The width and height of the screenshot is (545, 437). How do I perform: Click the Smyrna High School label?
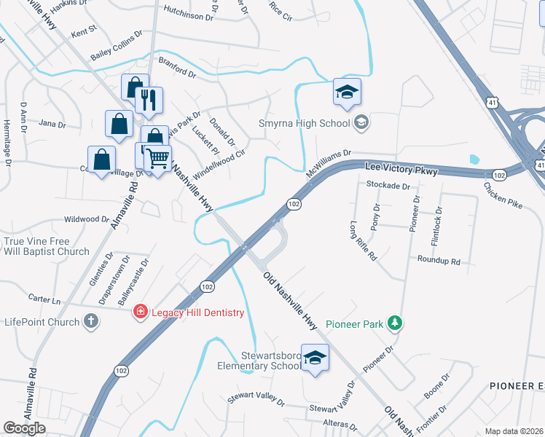pyautogui.click(x=305, y=123)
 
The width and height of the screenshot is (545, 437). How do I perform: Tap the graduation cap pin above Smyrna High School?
pyautogui.click(x=348, y=92)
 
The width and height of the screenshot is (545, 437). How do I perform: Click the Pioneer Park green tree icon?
pyautogui.click(x=394, y=322)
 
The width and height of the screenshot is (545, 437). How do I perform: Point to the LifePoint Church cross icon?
pyautogui.click(x=90, y=321)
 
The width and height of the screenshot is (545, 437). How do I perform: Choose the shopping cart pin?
pyautogui.click(x=157, y=157)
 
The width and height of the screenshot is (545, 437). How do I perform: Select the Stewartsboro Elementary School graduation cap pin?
pyautogui.click(x=315, y=358)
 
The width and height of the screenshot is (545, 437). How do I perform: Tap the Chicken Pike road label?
pyautogui.click(x=502, y=194)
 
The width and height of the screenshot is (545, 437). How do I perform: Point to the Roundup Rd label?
pyautogui.click(x=439, y=260)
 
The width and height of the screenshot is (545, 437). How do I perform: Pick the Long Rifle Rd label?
pyautogui.click(x=362, y=240)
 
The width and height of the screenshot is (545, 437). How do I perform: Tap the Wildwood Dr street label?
pyautogui.click(x=86, y=219)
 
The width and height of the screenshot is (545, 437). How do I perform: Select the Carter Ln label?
pyautogui.click(x=44, y=299)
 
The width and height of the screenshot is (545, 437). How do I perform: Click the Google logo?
pyautogui.click(x=25, y=428)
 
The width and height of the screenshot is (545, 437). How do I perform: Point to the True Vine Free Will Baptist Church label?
pyautogui.click(x=47, y=246)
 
